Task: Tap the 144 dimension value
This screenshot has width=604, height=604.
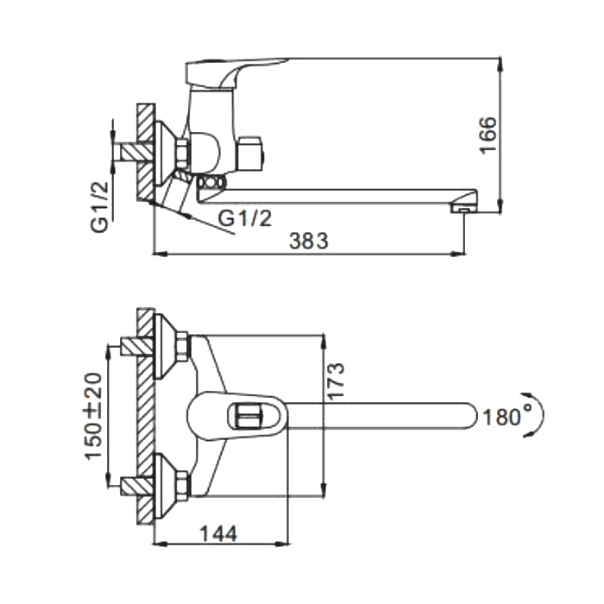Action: [219, 533]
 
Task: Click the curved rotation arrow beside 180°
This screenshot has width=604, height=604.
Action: [538, 415]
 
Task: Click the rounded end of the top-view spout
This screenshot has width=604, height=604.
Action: [470, 415]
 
